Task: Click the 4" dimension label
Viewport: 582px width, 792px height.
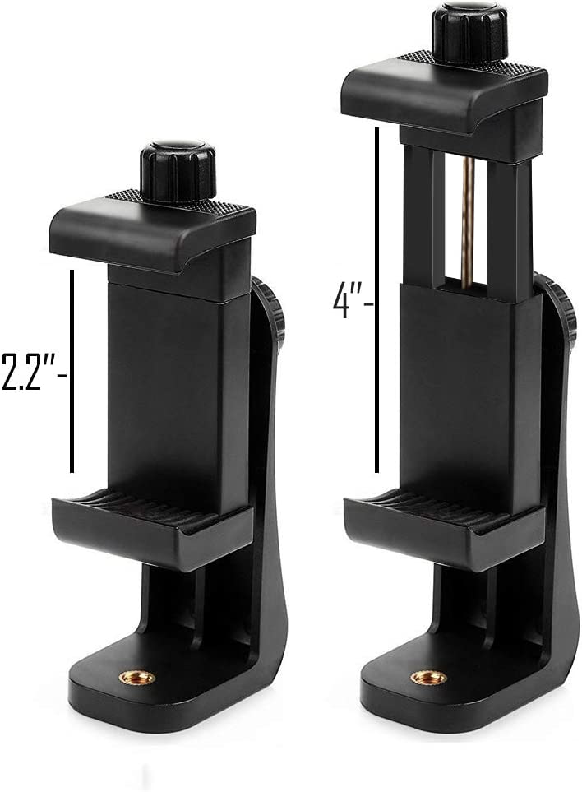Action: click(x=353, y=302)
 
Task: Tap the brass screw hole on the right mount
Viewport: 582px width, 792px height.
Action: click(x=428, y=677)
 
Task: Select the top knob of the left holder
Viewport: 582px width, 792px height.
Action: click(x=178, y=172)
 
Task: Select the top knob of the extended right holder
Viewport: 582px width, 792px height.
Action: click(x=469, y=34)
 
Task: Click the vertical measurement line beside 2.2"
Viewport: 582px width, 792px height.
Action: click(x=72, y=371)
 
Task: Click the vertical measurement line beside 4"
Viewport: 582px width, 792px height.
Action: click(x=376, y=300)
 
